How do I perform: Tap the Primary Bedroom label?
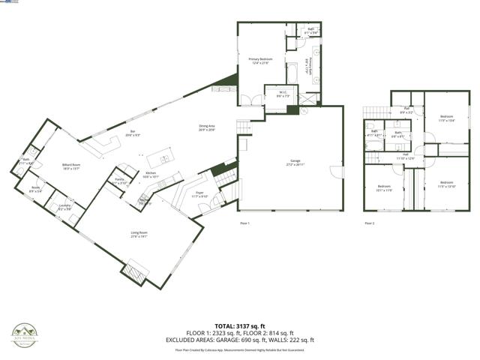tap(260, 60)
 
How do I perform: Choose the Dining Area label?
tap(206, 127)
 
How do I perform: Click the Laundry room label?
tap(64, 206)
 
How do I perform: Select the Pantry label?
tap(119, 181)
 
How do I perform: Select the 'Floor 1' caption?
tap(244, 223)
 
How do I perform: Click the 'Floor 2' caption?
tap(369, 223)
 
